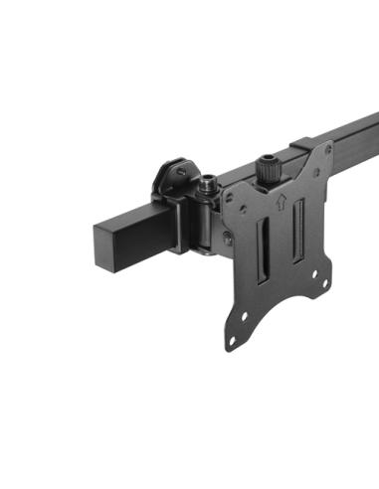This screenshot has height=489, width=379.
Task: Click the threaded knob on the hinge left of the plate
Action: [210, 186]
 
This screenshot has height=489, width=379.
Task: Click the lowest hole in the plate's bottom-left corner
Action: [233, 343]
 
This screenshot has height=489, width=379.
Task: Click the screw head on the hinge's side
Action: [227, 238]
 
